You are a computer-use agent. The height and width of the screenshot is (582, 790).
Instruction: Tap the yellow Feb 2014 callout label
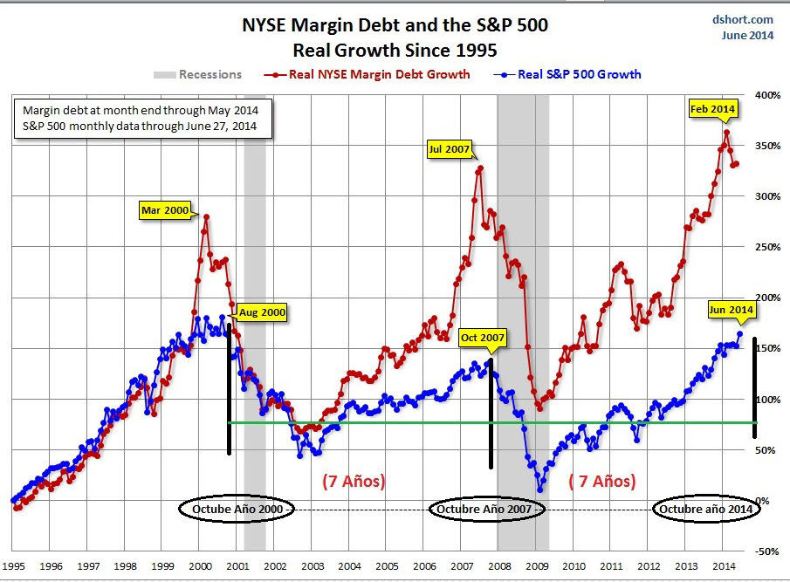coord(711,109)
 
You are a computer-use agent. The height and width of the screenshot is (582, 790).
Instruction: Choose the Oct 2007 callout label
coord(483,337)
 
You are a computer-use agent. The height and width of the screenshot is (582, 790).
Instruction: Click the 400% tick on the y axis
coord(765,94)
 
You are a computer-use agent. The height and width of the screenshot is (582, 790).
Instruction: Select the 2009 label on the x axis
coord(537,565)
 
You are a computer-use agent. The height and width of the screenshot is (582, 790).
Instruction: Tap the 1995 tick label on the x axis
coord(14,565)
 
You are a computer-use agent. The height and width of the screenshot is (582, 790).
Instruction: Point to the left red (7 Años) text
coord(354,481)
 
